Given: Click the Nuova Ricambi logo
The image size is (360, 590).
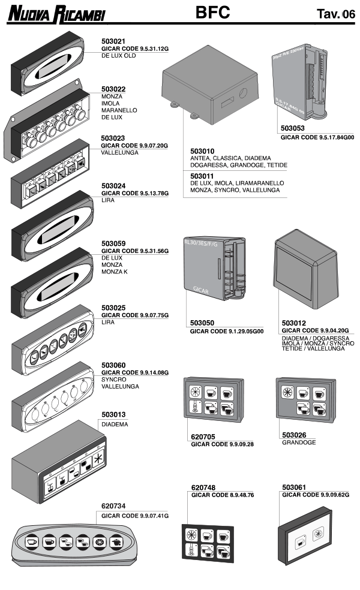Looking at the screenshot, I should [x=57, y=14].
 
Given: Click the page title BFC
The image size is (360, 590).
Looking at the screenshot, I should [x=213, y=13].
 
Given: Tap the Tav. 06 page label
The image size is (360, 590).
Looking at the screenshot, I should [x=335, y=14].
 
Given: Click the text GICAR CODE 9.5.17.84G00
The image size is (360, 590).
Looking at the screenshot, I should [x=317, y=137].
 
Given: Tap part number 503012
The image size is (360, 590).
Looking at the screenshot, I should [x=294, y=322].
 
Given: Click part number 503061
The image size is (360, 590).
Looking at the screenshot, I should [x=294, y=487].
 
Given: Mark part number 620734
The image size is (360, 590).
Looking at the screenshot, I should [x=114, y=506].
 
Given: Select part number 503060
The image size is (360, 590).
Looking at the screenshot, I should [x=114, y=365].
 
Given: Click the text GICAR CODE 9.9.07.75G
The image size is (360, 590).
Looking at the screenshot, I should [x=135, y=315].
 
